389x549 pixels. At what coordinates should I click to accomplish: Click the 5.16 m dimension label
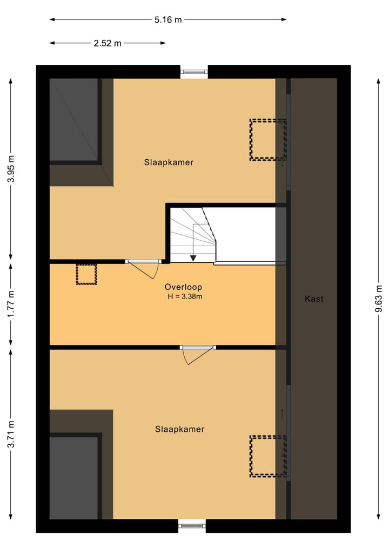click(168, 20)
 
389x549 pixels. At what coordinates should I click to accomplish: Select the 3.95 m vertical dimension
click(11, 170)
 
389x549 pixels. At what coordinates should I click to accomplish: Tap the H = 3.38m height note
click(185, 296)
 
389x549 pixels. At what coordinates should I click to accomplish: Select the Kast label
click(314, 299)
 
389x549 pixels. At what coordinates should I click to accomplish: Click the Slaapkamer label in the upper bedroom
click(169, 162)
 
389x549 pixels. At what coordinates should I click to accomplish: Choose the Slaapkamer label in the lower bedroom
click(179, 429)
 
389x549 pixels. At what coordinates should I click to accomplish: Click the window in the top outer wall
click(193, 71)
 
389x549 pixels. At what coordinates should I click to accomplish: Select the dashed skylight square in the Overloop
click(86, 274)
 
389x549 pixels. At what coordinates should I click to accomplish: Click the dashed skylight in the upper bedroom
click(267, 139)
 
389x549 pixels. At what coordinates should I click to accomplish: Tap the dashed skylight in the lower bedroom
click(267, 456)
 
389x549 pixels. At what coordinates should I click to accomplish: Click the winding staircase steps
click(192, 232)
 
